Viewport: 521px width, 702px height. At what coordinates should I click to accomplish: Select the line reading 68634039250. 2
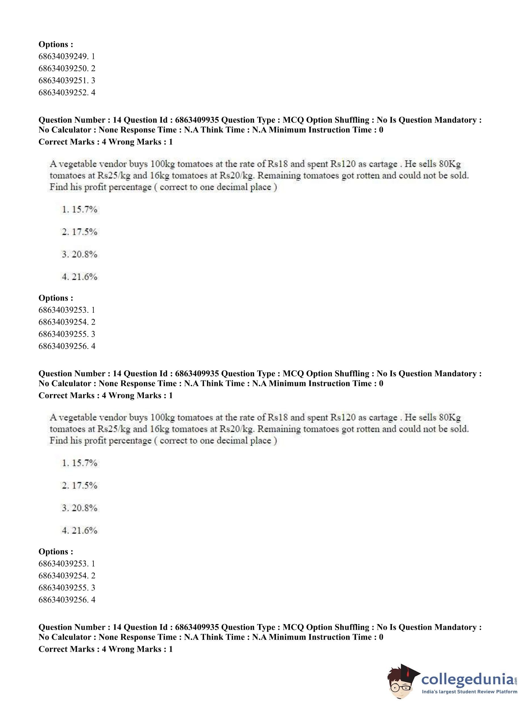click(x=67, y=68)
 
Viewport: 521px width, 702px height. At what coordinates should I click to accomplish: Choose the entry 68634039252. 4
click(x=67, y=93)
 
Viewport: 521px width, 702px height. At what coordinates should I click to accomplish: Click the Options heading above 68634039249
click(x=56, y=45)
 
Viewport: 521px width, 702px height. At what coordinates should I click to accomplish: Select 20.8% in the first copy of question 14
click(x=84, y=254)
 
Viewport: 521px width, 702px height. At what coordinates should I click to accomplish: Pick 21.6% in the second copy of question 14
click(x=84, y=530)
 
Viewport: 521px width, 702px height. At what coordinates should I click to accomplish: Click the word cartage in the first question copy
click(x=383, y=164)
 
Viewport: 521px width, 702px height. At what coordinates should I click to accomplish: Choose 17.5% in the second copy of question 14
click(x=84, y=486)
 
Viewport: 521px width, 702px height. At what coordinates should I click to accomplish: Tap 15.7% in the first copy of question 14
click(x=84, y=210)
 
